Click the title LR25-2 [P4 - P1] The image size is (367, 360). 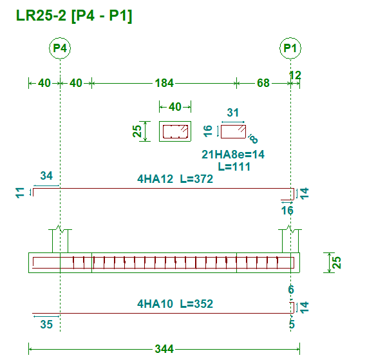74,15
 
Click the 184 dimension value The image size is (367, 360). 164,83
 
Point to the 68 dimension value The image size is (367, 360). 263,83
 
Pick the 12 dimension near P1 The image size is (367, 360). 295,75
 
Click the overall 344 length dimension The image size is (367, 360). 164,349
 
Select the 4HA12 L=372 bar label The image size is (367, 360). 175,179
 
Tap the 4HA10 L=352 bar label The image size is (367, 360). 175,304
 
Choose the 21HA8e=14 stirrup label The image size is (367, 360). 233,155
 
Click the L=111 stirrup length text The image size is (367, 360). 234,167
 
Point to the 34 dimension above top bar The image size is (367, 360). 46,176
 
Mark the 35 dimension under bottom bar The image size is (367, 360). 46,325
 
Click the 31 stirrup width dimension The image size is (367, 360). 233,113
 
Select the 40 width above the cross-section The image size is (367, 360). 175,107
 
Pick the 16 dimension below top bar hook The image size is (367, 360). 287,211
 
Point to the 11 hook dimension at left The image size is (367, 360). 20,193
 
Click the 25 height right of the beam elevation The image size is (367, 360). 337,263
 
